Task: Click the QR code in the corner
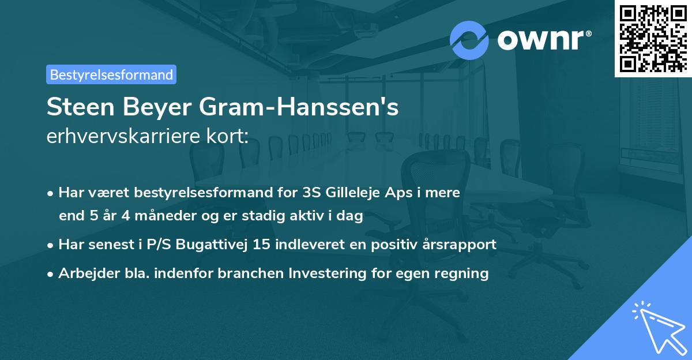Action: [653, 38]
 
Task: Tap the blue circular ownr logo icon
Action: [469, 40]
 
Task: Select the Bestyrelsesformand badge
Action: [111, 74]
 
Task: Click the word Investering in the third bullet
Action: [326, 273]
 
